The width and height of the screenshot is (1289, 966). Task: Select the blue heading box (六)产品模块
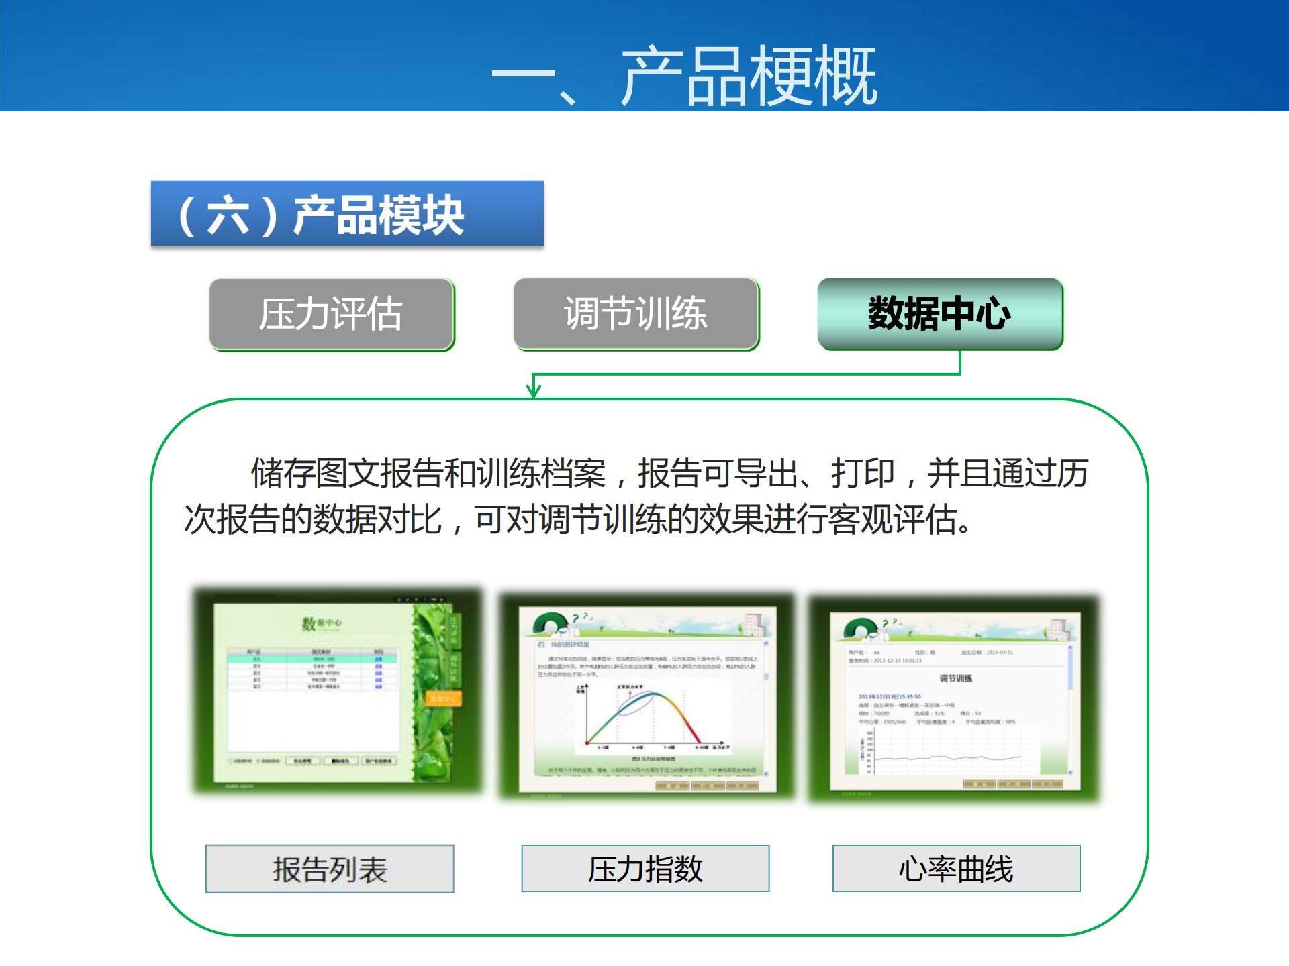coord(346,214)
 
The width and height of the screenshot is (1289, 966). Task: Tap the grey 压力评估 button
coord(332,314)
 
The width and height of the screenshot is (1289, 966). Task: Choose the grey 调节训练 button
coord(636,314)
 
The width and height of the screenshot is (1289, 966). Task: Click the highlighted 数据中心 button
coord(940,314)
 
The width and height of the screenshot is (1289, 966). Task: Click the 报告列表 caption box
coord(330,869)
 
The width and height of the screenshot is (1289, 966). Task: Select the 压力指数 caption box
coord(645,869)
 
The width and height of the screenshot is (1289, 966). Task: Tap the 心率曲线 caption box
coord(956,869)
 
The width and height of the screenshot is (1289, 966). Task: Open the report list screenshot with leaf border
coord(338,691)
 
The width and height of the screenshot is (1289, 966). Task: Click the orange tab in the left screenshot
coord(443,699)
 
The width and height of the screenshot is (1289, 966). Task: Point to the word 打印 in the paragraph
coord(863,473)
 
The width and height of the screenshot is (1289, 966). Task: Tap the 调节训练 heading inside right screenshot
coord(955,678)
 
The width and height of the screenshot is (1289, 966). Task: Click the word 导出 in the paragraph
coord(765,473)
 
